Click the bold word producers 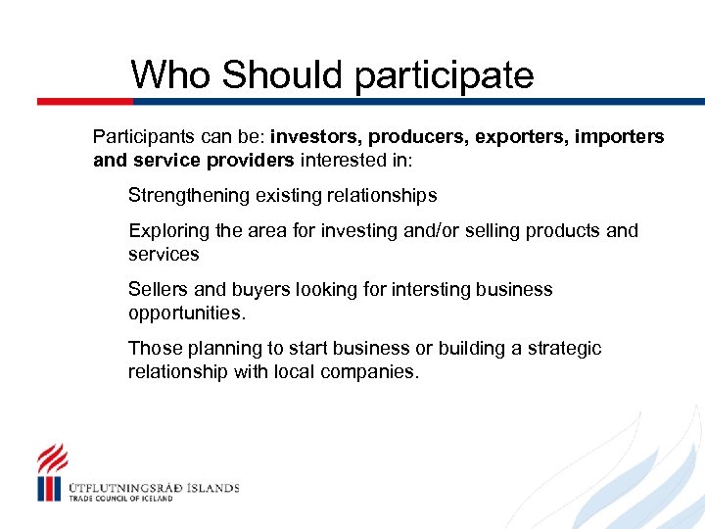point(417,136)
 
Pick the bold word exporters point(516,136)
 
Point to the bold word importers point(617,136)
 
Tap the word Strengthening point(189,196)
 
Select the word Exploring point(168,231)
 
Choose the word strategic point(565,349)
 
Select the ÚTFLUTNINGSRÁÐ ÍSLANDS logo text point(154,487)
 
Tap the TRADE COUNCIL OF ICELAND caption point(120,499)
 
